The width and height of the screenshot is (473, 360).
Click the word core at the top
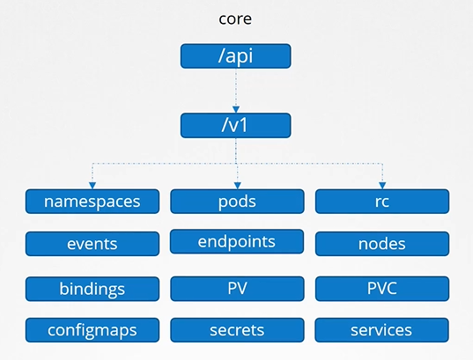pyautogui.click(x=235, y=18)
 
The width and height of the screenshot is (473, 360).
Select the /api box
pyautogui.click(x=235, y=56)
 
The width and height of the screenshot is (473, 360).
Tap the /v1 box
pyautogui.click(x=235, y=124)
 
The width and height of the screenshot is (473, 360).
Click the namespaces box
pyautogui.click(x=92, y=202)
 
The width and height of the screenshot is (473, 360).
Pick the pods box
pyautogui.click(x=236, y=202)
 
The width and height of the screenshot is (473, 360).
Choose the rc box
pyautogui.click(x=381, y=202)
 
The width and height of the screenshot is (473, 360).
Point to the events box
pyautogui.click(x=92, y=244)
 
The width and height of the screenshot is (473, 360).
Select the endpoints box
pyautogui.click(x=236, y=242)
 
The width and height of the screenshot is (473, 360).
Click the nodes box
pyautogui.click(x=381, y=244)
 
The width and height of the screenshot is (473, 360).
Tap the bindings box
pyautogui.click(x=92, y=289)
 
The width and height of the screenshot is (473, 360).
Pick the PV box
pyautogui.click(x=236, y=289)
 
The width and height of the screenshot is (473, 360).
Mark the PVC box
pyautogui.click(x=381, y=289)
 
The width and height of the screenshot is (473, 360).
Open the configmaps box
pyautogui.click(x=92, y=330)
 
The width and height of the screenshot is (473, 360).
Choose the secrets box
pyautogui.click(x=236, y=330)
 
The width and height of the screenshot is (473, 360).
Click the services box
pyautogui.click(x=381, y=330)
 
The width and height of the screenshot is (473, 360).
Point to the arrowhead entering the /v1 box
pyautogui.click(x=235, y=108)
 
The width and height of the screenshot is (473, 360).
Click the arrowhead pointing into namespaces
pyautogui.click(x=92, y=184)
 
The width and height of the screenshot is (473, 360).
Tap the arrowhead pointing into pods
pyautogui.click(x=236, y=184)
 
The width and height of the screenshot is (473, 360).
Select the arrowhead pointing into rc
pyautogui.click(x=382, y=184)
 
